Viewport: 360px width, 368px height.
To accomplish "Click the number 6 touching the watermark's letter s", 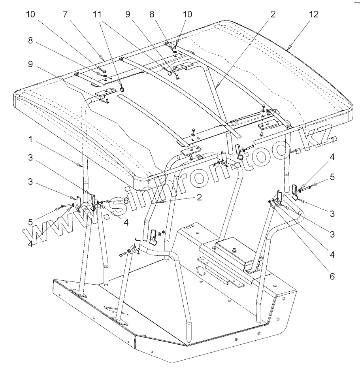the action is [x=126, y=200].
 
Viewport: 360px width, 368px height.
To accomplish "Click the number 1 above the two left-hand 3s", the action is [x=30, y=140].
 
